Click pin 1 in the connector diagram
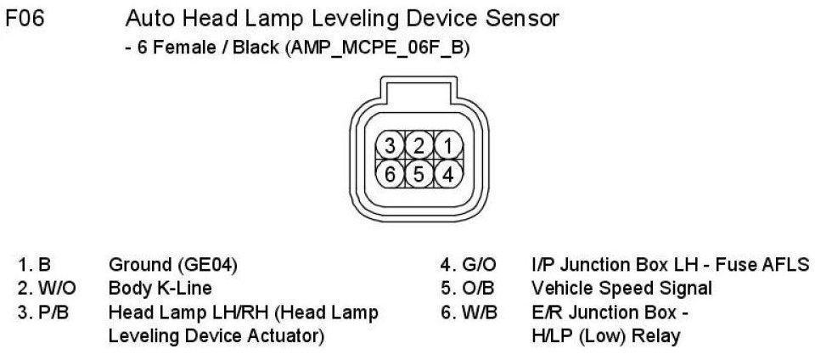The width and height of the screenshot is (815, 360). tap(447, 145)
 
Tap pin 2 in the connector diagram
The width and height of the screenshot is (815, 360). tap(419, 145)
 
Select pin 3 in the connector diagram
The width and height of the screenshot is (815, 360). tap(391, 145)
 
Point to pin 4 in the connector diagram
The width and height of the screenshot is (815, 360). tap(447, 174)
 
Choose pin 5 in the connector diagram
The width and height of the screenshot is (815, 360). tap(419, 174)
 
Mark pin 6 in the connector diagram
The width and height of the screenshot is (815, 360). tap(391, 174)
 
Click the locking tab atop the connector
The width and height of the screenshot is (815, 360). tap(419, 89)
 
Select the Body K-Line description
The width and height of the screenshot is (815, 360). tap(160, 288)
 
